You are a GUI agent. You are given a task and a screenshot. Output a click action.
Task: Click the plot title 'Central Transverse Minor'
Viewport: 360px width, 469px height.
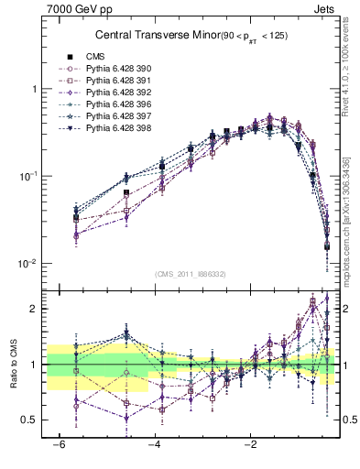click(148, 36)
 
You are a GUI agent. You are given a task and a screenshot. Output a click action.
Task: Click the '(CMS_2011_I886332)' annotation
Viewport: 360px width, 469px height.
click(191, 274)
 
